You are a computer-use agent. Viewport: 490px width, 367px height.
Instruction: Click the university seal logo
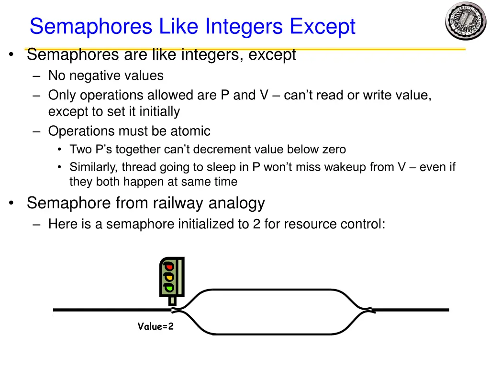465,21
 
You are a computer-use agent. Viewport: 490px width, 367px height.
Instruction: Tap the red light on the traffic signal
168,267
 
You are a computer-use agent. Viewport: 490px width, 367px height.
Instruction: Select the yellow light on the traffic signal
168,277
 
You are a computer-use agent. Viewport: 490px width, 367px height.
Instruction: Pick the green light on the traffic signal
168,287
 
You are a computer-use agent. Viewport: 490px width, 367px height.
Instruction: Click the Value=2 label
156,326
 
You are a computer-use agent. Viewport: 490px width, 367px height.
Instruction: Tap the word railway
176,203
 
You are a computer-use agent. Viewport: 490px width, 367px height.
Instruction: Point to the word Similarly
94,167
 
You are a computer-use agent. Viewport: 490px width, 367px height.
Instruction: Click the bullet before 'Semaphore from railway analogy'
11,204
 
